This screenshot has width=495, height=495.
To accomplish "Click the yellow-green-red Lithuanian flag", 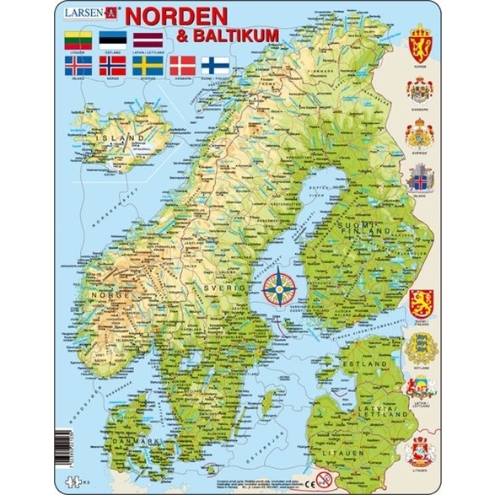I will (x=77, y=39).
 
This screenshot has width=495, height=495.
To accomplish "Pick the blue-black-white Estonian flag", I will (x=111, y=39).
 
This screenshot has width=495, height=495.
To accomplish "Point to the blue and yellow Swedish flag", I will (x=147, y=64).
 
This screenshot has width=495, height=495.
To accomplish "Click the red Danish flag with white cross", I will (x=182, y=64).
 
